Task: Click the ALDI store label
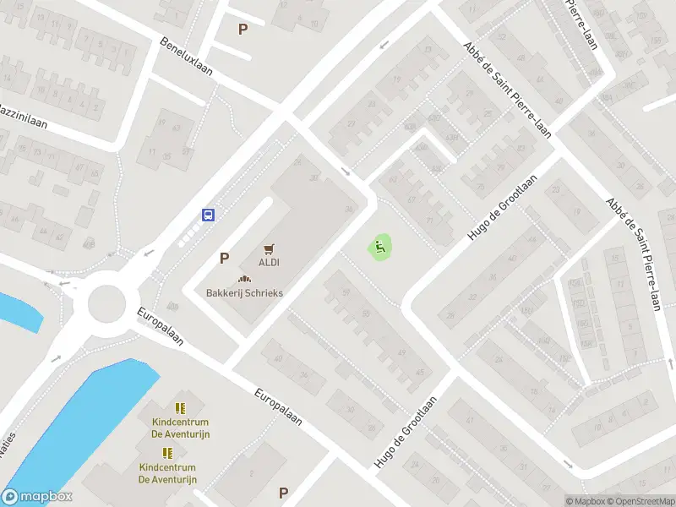point(270,262)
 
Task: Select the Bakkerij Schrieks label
point(245,293)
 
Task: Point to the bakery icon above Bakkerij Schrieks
point(245,280)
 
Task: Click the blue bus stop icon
point(208,215)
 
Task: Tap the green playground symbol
point(380,248)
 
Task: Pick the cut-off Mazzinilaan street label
point(22,117)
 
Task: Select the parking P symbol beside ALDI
point(224,258)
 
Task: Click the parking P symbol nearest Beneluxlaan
point(243,29)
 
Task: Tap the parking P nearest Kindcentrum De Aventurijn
point(283,493)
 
